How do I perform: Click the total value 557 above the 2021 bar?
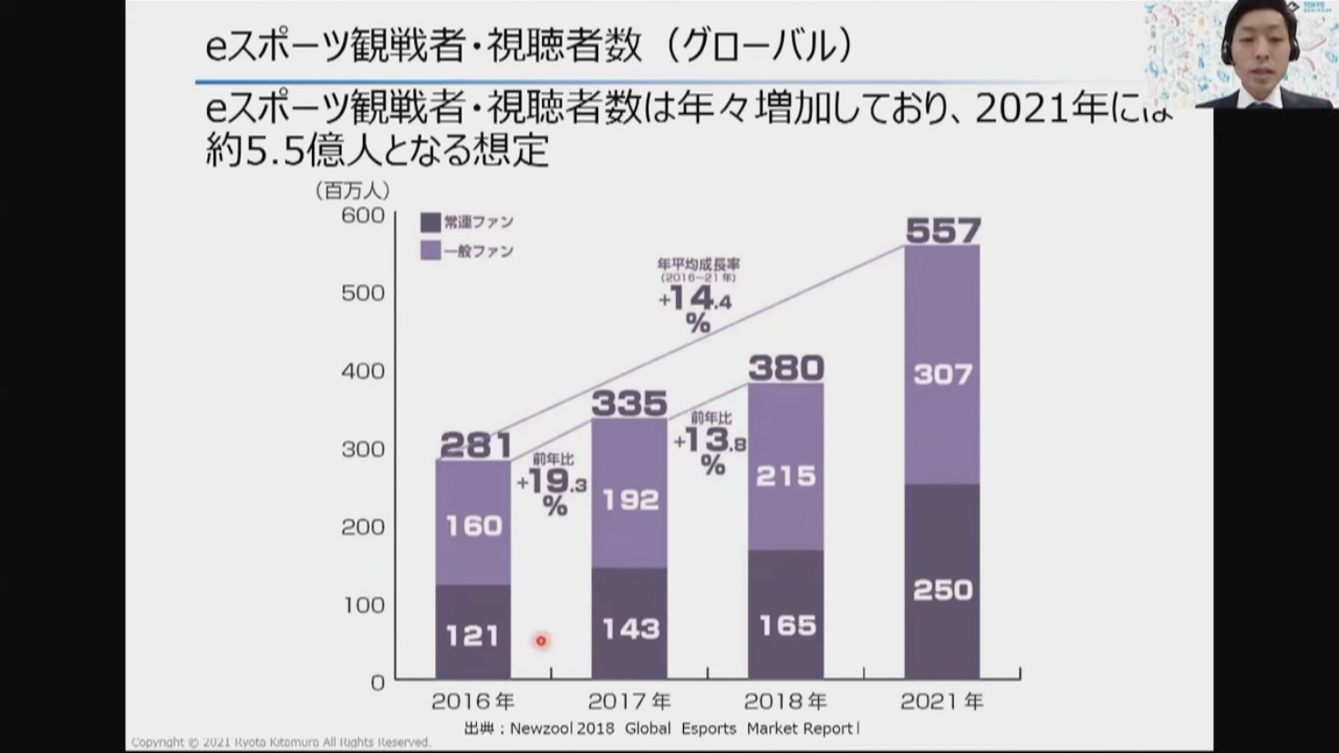943,230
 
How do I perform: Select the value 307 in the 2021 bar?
943,374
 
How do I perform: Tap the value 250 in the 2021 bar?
943,590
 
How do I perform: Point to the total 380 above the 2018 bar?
786,368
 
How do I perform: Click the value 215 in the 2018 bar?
786,476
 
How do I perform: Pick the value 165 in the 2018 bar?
786,625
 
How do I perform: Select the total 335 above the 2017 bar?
629,403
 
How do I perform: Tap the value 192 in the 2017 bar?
629,500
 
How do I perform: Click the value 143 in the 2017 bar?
629,628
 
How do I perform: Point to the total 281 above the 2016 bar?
475,445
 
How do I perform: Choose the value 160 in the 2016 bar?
473,525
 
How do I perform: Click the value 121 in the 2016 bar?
472,634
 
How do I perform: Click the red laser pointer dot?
541,641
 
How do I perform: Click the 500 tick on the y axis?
363,293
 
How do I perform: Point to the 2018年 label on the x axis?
785,701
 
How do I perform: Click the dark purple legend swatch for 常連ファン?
431,222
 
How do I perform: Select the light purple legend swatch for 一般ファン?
431,251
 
